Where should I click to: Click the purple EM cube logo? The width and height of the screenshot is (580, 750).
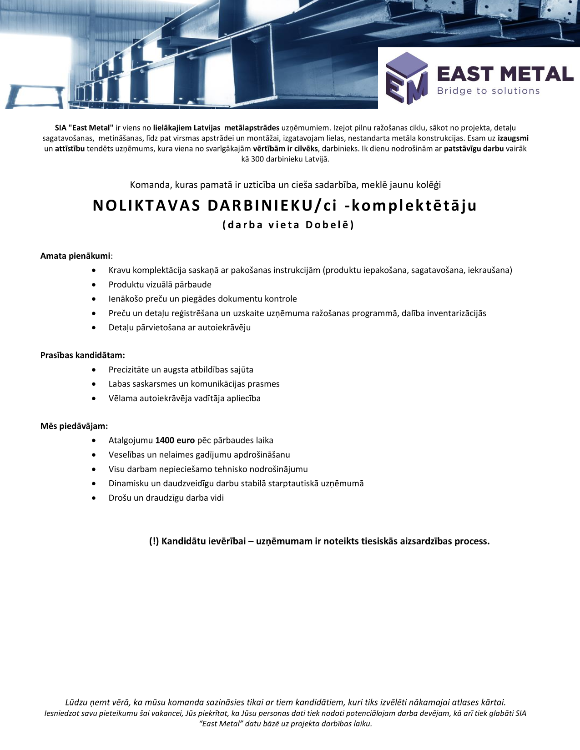point(406,78)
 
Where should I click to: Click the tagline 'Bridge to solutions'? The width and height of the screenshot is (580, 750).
point(488,91)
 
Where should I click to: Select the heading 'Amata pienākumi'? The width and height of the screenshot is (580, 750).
point(75,256)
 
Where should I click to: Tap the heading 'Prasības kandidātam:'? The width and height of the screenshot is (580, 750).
point(82,355)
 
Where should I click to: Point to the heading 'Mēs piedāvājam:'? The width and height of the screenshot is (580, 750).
point(74,426)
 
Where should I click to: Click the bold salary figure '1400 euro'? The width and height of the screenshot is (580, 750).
point(175,440)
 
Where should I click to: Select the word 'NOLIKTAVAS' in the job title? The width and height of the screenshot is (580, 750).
point(146,206)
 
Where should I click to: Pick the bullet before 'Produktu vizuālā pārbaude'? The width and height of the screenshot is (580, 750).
point(94,285)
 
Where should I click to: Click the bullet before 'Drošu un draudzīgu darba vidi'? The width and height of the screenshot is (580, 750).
point(94,498)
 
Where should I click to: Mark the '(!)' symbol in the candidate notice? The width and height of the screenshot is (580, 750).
point(154,541)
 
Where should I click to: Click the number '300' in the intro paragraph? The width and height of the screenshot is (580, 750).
point(257,159)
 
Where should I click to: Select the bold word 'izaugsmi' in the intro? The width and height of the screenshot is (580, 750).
point(513,138)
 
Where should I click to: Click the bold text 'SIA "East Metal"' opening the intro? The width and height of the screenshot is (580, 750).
point(84,128)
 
